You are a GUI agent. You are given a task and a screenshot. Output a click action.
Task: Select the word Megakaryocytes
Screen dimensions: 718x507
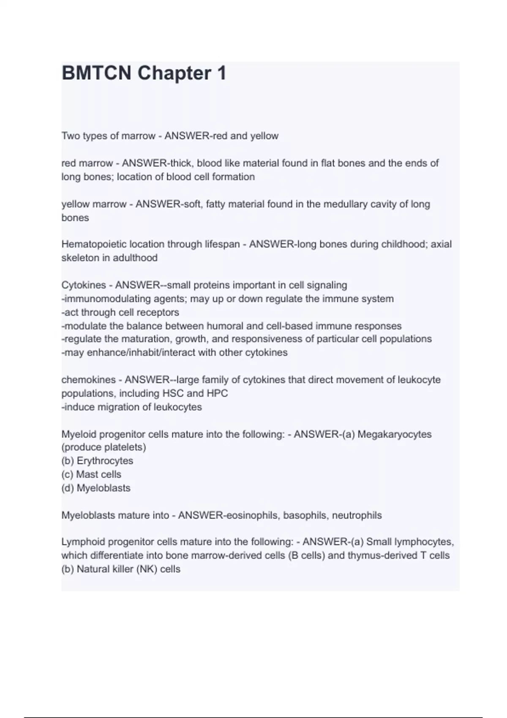coord(395,434)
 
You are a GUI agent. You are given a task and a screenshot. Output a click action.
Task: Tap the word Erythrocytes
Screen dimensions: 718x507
coord(105,461)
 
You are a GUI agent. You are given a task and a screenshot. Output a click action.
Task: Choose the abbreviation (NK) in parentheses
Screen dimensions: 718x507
coord(146,569)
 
